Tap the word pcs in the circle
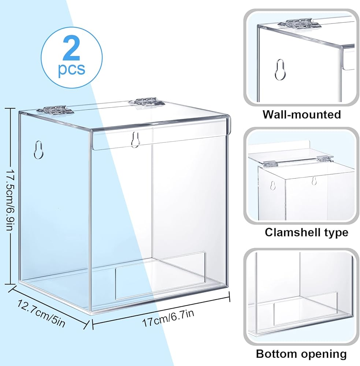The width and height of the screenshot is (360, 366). point(71,68)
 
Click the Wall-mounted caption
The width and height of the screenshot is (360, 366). point(301,114)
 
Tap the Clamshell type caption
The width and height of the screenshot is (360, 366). point(301,232)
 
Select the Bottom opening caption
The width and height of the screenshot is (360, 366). point(301,354)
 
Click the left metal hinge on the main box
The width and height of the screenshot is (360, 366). point(56,109)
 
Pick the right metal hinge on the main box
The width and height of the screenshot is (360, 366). point(148,101)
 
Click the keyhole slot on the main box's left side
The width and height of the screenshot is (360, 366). point(38,150)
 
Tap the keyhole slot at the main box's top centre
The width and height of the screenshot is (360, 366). point(136,139)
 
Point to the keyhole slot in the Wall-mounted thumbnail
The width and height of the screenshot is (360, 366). point(280,69)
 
